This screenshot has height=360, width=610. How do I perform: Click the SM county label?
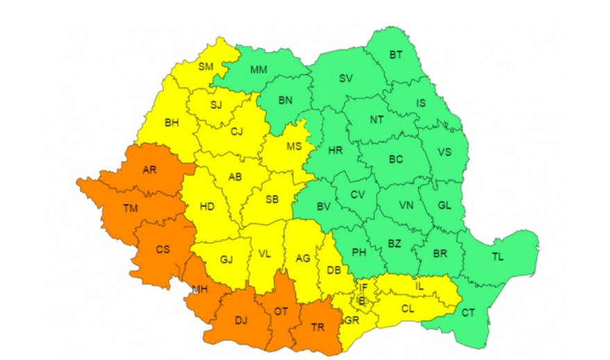206,67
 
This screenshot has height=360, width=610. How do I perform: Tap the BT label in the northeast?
396,55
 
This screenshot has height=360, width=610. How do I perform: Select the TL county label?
498,257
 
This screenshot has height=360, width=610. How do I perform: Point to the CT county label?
468,313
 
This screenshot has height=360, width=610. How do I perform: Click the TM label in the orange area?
130,207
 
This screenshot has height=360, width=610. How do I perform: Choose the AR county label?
149,169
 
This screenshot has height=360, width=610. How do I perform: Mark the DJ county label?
241,320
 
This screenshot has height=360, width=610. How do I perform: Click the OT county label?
280,311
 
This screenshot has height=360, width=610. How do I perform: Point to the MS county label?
294,146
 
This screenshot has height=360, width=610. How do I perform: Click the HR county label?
335,151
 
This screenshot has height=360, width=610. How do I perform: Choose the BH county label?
171,123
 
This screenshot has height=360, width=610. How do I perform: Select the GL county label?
446,205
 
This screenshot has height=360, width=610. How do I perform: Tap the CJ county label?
237,132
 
